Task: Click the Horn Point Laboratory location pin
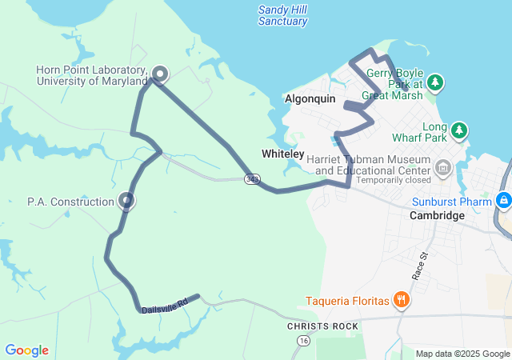click(159, 74)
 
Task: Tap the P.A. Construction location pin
click(126, 200)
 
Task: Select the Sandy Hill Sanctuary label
click(282, 15)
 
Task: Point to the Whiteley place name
click(282, 154)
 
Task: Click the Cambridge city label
click(437, 216)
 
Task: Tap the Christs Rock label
click(318, 327)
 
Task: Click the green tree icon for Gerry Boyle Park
click(435, 82)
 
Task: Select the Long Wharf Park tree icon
click(459, 130)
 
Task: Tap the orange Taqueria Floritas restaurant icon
click(402, 301)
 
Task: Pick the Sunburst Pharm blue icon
click(504, 200)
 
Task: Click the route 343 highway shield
click(252, 178)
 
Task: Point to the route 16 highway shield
click(302, 341)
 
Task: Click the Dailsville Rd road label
click(164, 305)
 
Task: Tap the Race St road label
click(420, 266)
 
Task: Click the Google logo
click(27, 350)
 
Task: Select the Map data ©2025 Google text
click(462, 354)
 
